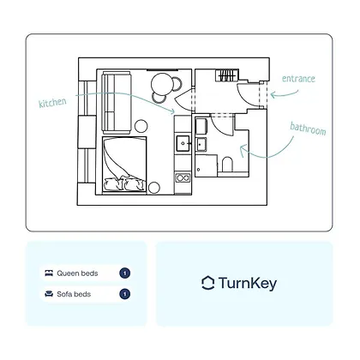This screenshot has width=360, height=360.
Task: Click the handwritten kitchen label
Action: [x=52, y=103]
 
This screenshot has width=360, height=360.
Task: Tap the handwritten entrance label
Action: [x=298, y=79]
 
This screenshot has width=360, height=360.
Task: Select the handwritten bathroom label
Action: [x=308, y=129]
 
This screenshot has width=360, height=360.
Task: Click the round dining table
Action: [x=162, y=83]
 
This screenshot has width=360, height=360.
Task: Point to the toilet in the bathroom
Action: [x=227, y=165]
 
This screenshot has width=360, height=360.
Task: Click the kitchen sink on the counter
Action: [x=183, y=143]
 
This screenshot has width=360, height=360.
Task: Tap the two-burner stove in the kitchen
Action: [x=183, y=178]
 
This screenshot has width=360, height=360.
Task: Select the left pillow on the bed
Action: [x=114, y=183]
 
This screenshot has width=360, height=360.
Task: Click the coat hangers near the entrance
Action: [x=227, y=75]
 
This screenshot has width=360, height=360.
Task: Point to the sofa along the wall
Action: [x=117, y=103]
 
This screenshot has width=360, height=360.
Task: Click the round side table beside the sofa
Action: [x=141, y=126]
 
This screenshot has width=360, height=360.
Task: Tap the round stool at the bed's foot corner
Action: [x=154, y=188]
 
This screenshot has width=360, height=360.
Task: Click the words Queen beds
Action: [x=77, y=273]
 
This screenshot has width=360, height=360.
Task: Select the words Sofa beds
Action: [x=74, y=294]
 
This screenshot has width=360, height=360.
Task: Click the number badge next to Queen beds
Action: [x=124, y=273]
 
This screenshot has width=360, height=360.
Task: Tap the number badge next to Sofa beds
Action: [x=124, y=294]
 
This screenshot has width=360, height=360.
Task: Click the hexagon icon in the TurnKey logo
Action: [x=208, y=283]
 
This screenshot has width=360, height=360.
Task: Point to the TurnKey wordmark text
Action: [x=248, y=284]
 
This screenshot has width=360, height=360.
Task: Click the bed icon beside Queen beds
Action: [x=49, y=273]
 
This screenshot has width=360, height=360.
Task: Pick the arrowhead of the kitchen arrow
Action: [x=172, y=111]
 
